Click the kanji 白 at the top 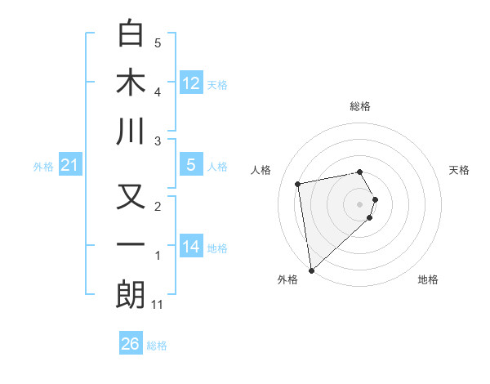click(x=131, y=33)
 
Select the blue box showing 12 click(x=191, y=83)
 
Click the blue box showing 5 click(x=191, y=165)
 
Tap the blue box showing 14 click(x=191, y=246)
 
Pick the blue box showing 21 click(x=70, y=165)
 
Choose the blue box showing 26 click(x=131, y=344)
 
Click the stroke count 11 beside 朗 click(x=158, y=305)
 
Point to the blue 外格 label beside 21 click(x=43, y=167)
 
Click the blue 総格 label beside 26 click(x=157, y=346)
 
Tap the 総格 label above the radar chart click(x=359, y=106)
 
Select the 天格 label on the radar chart click(x=459, y=170)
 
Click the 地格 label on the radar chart click(x=428, y=279)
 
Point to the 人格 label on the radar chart click(x=261, y=170)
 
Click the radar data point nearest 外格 click(x=311, y=270)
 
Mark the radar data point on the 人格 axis click(x=298, y=183)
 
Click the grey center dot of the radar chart click(x=359, y=203)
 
